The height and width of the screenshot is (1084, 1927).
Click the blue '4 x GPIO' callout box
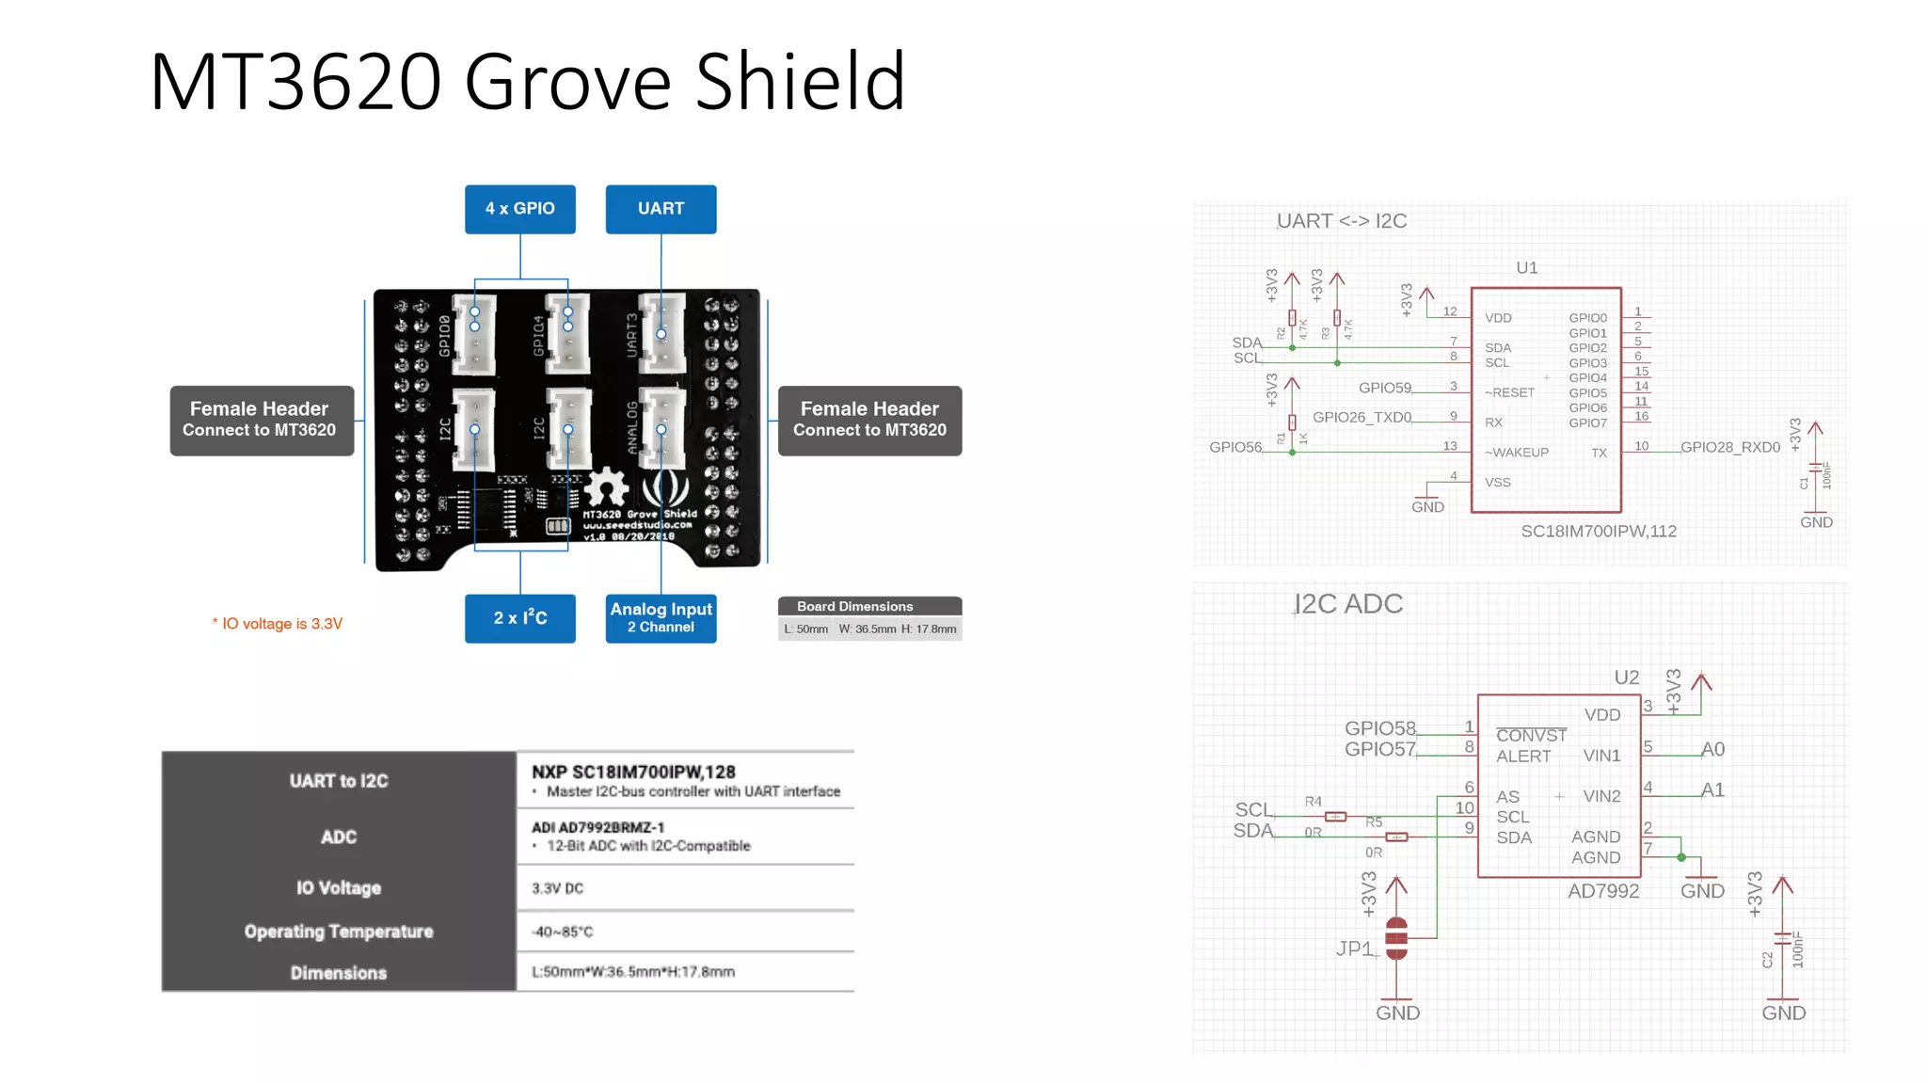click(x=519, y=209)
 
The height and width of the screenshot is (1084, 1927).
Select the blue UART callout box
click(x=661, y=209)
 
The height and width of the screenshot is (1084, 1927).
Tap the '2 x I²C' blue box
click(x=519, y=618)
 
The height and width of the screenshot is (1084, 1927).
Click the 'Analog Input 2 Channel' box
click(x=661, y=618)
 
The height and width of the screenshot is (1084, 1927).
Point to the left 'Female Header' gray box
click(x=261, y=420)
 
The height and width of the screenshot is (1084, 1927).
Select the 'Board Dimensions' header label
click(x=854, y=606)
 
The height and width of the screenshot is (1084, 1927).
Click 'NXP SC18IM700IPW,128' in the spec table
click(x=632, y=772)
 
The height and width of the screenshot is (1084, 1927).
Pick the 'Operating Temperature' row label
click(x=339, y=932)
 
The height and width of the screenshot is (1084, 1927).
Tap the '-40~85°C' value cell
click(x=563, y=932)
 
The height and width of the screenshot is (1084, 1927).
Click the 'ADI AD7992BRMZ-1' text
click(x=597, y=827)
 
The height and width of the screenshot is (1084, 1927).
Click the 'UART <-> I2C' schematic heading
click(x=1341, y=221)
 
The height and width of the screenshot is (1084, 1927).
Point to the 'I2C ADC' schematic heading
click(x=1347, y=604)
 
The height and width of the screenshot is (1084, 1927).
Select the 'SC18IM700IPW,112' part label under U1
click(x=1598, y=532)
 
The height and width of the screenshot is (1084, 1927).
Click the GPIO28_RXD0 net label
click(x=1729, y=447)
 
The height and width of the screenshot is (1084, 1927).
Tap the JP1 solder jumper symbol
click(x=1396, y=938)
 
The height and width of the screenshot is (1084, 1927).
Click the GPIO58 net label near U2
click(x=1379, y=728)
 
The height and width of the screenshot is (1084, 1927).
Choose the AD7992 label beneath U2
click(x=1602, y=891)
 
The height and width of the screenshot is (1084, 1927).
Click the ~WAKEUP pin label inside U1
click(x=1516, y=453)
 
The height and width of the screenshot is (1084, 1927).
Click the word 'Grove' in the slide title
click(x=568, y=82)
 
